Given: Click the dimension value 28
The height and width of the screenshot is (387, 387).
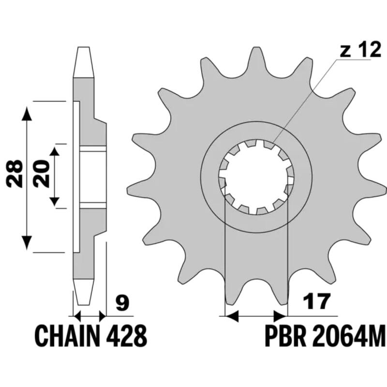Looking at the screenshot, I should (15, 174).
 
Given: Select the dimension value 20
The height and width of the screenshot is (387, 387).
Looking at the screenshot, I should (42, 174).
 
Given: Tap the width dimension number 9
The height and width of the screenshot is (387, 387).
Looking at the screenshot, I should (122, 304).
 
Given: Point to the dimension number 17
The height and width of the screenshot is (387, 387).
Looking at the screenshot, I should (317, 302).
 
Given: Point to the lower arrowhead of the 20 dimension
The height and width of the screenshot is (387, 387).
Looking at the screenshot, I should (55, 202).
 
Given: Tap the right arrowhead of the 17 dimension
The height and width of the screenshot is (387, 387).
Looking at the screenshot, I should (280, 317).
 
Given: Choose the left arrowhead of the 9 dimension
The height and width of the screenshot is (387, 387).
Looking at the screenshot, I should (77, 317).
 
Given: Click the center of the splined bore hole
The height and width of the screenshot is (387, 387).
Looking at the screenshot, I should (256, 177).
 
